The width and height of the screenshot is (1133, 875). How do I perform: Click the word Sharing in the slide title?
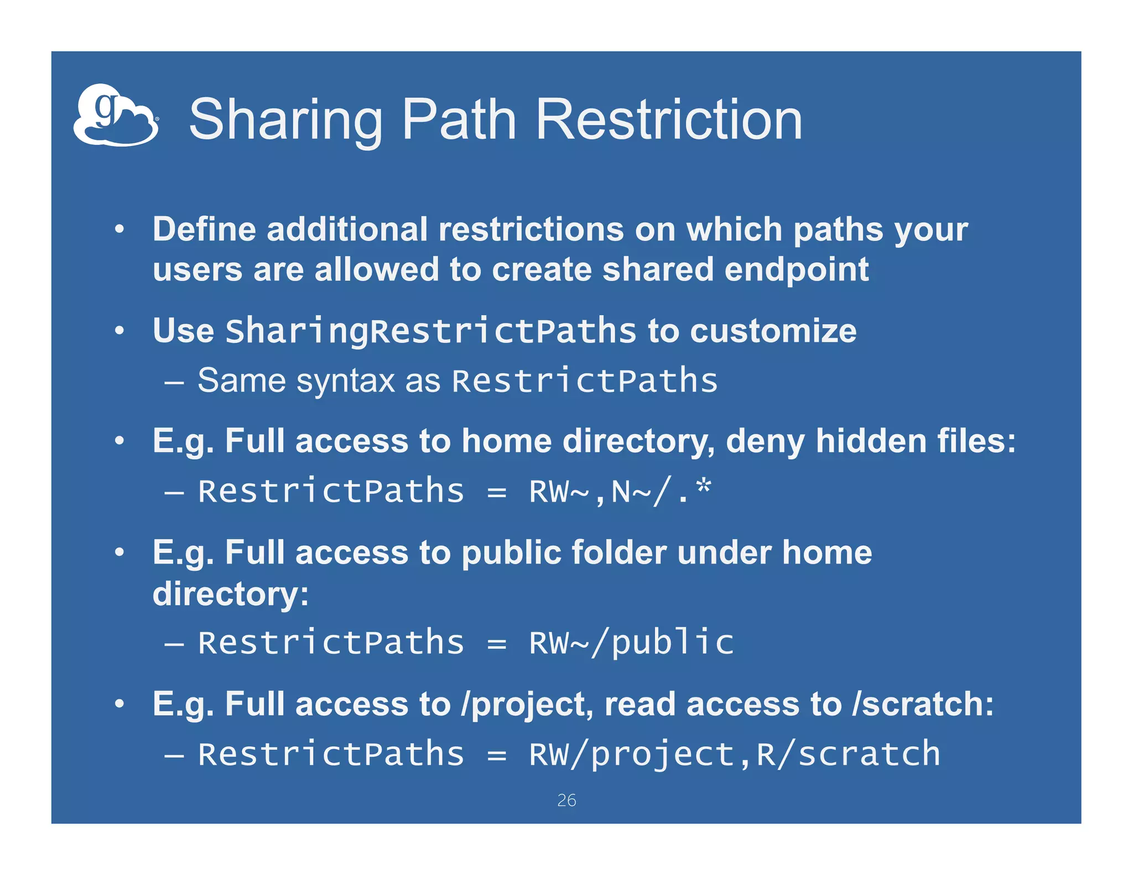[x=285, y=120]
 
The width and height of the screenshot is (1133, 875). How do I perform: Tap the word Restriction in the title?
[x=669, y=120]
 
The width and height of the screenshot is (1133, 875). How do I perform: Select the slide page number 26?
[x=566, y=800]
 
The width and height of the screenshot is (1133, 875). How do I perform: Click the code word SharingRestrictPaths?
[x=431, y=331]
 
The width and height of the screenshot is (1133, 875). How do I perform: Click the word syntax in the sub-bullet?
[x=346, y=381]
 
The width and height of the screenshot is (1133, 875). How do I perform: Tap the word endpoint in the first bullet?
[x=796, y=269]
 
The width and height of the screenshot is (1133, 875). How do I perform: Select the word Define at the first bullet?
[x=204, y=229]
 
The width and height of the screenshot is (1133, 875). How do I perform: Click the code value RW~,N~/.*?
[x=620, y=491]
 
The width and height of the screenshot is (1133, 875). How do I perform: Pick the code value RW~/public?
[x=631, y=643]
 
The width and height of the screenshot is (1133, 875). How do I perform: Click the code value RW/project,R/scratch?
[x=734, y=754]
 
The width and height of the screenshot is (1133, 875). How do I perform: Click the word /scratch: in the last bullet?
[x=923, y=704]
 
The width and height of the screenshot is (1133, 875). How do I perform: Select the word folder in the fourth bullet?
[x=619, y=553]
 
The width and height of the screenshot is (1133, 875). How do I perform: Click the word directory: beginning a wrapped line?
[x=231, y=594]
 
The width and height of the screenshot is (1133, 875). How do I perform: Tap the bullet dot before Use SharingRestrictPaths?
[x=119, y=331]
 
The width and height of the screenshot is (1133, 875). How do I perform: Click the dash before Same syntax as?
[x=174, y=382]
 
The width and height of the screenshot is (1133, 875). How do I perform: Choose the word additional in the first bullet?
[x=347, y=229]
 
